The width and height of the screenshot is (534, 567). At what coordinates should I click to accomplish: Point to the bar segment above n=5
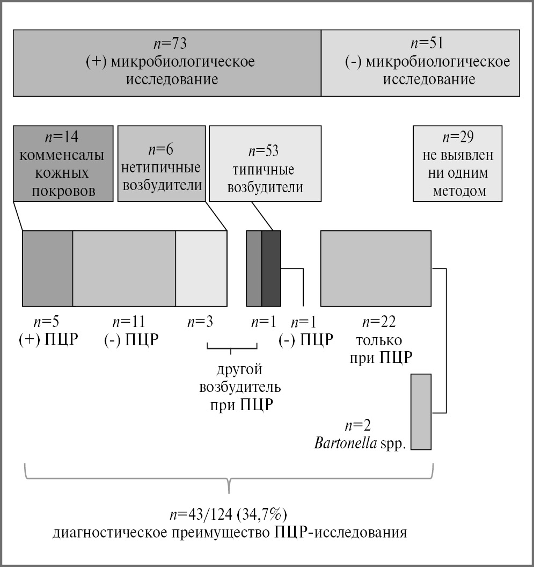48,268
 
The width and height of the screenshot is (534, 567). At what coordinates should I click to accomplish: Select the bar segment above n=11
124,268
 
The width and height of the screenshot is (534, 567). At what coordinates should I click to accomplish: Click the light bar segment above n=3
201,268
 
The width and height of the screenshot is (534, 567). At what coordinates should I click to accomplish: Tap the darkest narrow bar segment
271,268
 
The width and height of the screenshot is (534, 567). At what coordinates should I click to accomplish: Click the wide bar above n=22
376,268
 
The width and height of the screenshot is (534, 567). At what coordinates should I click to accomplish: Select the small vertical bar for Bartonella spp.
421,412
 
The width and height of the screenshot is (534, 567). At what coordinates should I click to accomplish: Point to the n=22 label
379,322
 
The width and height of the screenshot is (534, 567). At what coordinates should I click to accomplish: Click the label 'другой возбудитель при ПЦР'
239,387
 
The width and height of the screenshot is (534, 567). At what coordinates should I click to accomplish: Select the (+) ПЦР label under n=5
49,340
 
